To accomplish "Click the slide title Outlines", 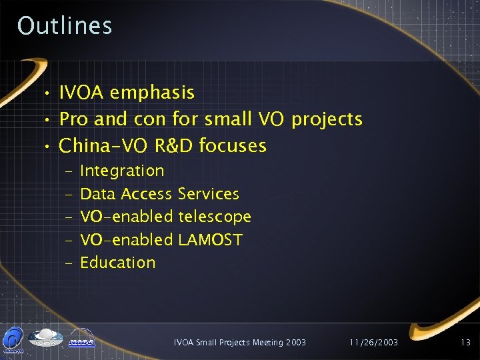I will (x=65, y=26).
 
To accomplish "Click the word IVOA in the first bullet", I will (x=82, y=93).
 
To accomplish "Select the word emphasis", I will (x=152, y=93).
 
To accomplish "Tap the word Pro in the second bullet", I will (x=74, y=119).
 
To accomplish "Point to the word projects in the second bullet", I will (x=327, y=120).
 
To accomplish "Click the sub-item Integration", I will (x=122, y=171).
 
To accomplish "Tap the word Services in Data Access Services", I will (x=209, y=194).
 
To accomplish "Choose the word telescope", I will (x=215, y=217).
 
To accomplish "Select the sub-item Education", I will (x=117, y=263).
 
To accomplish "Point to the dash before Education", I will (x=70, y=263).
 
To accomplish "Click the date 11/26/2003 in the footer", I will (x=373, y=343).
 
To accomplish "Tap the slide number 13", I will (x=465, y=343).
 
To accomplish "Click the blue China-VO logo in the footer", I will (x=13, y=339).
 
